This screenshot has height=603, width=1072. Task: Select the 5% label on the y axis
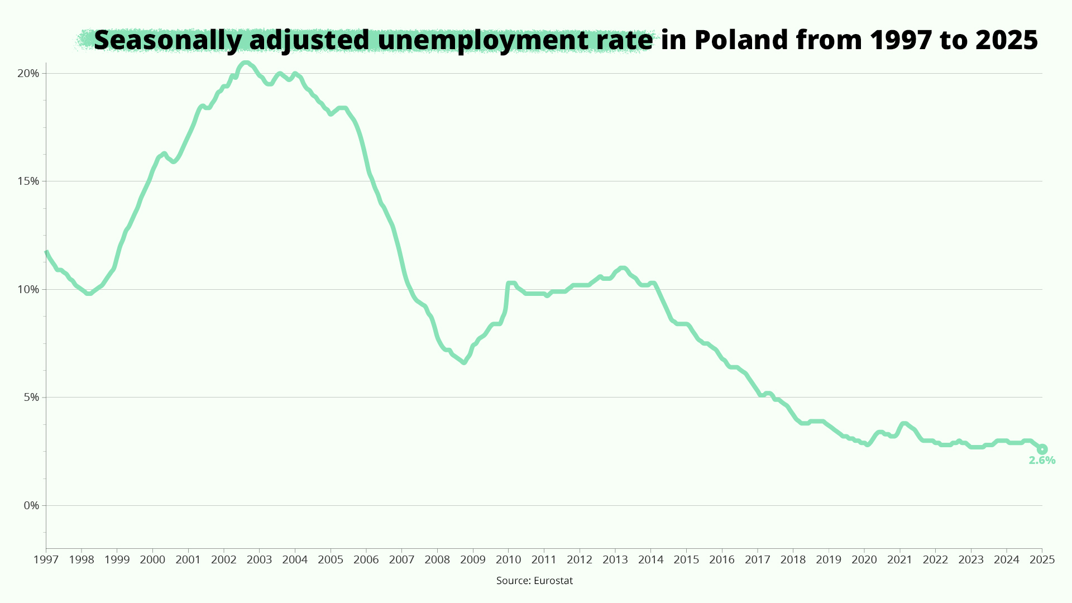[31, 398]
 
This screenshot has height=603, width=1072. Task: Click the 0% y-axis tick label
[31, 506]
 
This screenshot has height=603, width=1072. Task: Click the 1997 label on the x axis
[46, 559]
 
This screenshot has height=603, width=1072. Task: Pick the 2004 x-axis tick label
[295, 559]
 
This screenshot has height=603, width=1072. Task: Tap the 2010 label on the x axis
[509, 559]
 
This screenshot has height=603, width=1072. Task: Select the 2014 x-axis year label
[651, 559]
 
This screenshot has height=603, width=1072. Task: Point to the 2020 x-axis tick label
[864, 559]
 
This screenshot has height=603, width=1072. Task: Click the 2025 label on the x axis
[1042, 559]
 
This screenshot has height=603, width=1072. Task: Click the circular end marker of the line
[1042, 449]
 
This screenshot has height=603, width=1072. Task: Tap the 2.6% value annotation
[1042, 461]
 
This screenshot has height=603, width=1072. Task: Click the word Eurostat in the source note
[553, 581]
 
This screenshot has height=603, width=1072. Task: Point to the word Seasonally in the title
[168, 40]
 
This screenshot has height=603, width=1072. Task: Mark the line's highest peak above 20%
[245, 63]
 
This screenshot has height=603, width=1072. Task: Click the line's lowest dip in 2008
[464, 362]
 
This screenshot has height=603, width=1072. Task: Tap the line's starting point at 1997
[46, 252]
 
